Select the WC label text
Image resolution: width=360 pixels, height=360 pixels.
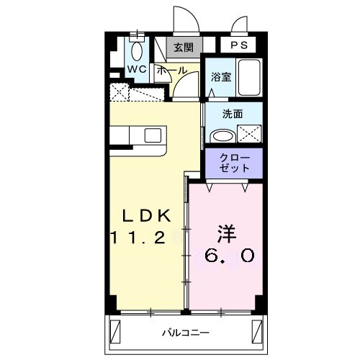click(137, 68)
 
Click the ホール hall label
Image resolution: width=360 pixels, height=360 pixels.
click(171, 71)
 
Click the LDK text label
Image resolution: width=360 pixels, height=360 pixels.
click(145, 215)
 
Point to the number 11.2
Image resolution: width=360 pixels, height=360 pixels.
click(144, 236)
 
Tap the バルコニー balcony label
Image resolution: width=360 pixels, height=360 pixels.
click(184, 333)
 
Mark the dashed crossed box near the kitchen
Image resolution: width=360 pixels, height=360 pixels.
click(120, 92)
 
